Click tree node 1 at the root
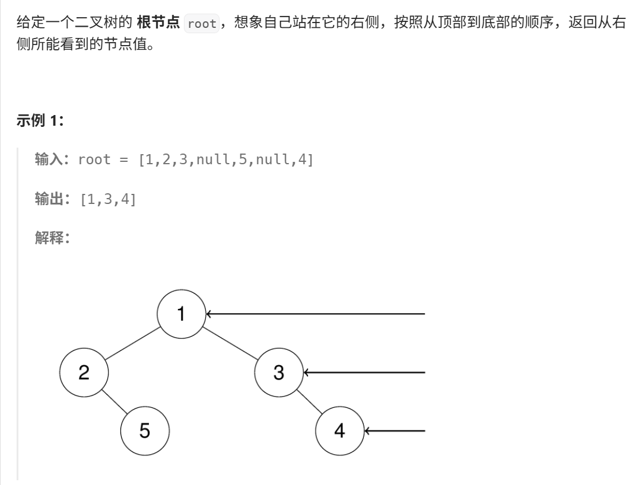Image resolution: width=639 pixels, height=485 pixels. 182,314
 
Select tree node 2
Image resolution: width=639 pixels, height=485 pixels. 84,372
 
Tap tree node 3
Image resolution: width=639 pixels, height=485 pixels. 278,372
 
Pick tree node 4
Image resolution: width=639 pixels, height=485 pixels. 339,430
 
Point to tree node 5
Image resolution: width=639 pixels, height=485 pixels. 145,430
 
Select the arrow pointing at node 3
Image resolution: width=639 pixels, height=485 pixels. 364,372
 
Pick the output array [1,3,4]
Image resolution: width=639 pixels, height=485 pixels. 107,200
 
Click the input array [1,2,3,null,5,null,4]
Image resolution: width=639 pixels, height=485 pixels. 225,161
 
